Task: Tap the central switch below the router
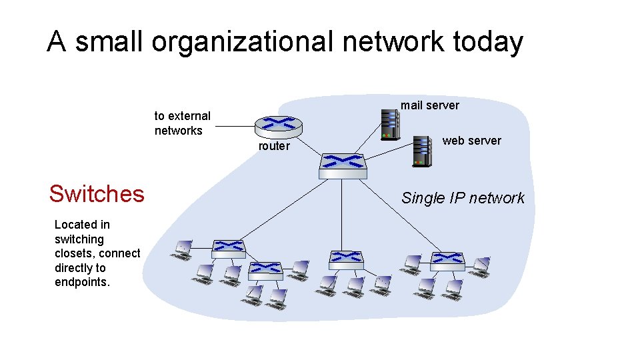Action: coord(343,165)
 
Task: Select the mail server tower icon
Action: coord(389,124)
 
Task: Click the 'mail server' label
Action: coord(429,105)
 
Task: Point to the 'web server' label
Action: coord(471,140)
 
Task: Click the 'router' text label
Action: coord(274,146)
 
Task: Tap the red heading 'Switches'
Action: coord(97,193)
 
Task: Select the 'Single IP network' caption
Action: coord(463,198)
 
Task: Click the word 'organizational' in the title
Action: coord(241,42)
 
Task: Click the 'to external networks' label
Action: coord(182,123)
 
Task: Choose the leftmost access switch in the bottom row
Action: coord(229,248)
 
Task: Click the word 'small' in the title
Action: coord(109,42)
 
